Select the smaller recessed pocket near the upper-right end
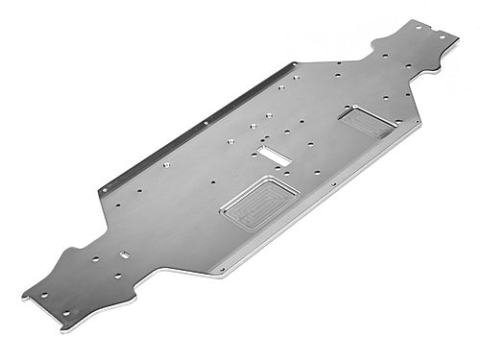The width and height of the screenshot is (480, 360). tap(366, 120)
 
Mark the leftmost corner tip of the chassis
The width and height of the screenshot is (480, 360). tap(21, 293)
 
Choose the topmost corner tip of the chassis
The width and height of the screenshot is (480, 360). tap(444, 19)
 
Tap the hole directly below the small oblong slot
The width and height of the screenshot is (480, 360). tap(117, 276)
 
